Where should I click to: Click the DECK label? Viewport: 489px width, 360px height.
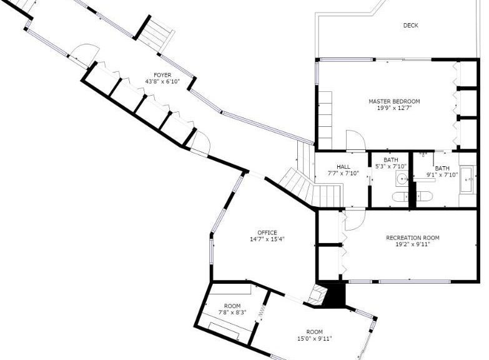tap(410, 26)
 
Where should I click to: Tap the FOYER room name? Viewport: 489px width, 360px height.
tap(162, 75)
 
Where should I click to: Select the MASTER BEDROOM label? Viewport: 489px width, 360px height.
tap(394, 101)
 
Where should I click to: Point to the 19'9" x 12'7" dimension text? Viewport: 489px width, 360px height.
tap(394, 108)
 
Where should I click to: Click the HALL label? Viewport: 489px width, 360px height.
tap(343, 167)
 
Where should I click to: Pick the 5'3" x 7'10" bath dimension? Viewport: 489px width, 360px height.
tap(391, 167)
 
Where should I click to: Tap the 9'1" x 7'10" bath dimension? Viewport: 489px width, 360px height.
tap(442, 175)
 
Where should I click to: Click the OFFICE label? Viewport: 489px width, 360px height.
tap(267, 232)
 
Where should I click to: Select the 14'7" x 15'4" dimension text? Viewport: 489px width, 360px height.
tap(267, 239)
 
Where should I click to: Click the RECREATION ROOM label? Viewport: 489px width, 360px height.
tap(413, 238)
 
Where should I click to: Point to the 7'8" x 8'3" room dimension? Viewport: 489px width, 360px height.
tap(232, 312)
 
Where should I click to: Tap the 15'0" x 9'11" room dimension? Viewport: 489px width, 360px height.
tap(314, 339)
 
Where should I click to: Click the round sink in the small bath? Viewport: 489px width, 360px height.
tap(402, 179)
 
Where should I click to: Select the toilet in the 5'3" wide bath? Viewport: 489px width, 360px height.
tap(400, 197)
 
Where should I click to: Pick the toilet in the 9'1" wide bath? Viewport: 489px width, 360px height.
tap(425, 197)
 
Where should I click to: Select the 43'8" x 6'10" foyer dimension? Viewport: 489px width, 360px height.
tap(162, 82)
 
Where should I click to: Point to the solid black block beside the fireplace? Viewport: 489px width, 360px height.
tap(335, 294)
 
